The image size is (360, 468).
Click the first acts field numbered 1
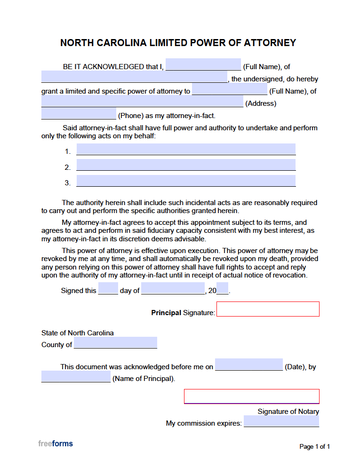click(186, 150)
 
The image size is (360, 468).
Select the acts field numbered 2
click(186, 165)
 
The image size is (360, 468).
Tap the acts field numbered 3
click(186, 181)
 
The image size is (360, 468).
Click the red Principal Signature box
click(268, 309)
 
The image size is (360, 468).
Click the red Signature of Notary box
click(251, 397)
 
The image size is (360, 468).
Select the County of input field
click(115, 343)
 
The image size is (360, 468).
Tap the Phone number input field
click(79, 114)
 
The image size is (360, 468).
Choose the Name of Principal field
click(76, 377)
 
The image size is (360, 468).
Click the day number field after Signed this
click(108, 288)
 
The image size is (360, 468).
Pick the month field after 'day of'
click(173, 288)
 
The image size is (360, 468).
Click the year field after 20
click(223, 288)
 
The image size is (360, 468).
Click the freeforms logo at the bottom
click(56, 444)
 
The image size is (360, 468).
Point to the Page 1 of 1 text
click(314, 447)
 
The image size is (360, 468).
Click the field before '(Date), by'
click(249, 365)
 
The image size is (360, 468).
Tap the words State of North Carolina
click(78, 333)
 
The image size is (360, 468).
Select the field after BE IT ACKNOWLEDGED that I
click(203, 64)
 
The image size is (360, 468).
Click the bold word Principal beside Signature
click(166, 312)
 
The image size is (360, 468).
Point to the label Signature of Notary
click(288, 412)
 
